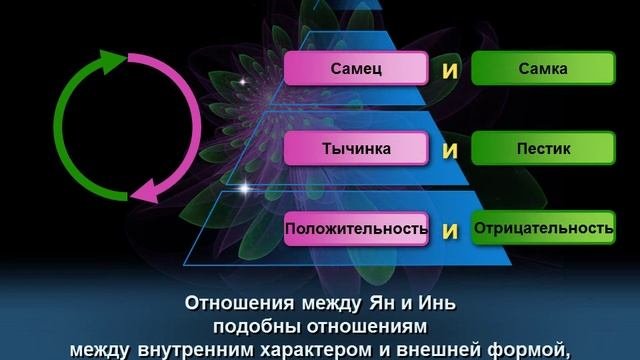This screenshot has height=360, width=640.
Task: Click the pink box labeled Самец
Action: click(357, 69)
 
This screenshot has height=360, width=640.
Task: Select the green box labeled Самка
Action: click(543, 69)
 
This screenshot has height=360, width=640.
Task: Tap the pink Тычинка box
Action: click(357, 149)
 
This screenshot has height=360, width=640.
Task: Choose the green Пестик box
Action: click(543, 149)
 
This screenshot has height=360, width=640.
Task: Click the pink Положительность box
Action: click(357, 229)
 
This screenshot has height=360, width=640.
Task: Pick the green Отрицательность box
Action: click(543, 229)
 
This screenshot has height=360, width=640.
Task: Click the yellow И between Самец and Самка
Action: click(450, 71)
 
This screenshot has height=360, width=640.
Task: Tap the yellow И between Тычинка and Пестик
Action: click(450, 151)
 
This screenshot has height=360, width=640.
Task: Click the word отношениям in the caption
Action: click(364, 326)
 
